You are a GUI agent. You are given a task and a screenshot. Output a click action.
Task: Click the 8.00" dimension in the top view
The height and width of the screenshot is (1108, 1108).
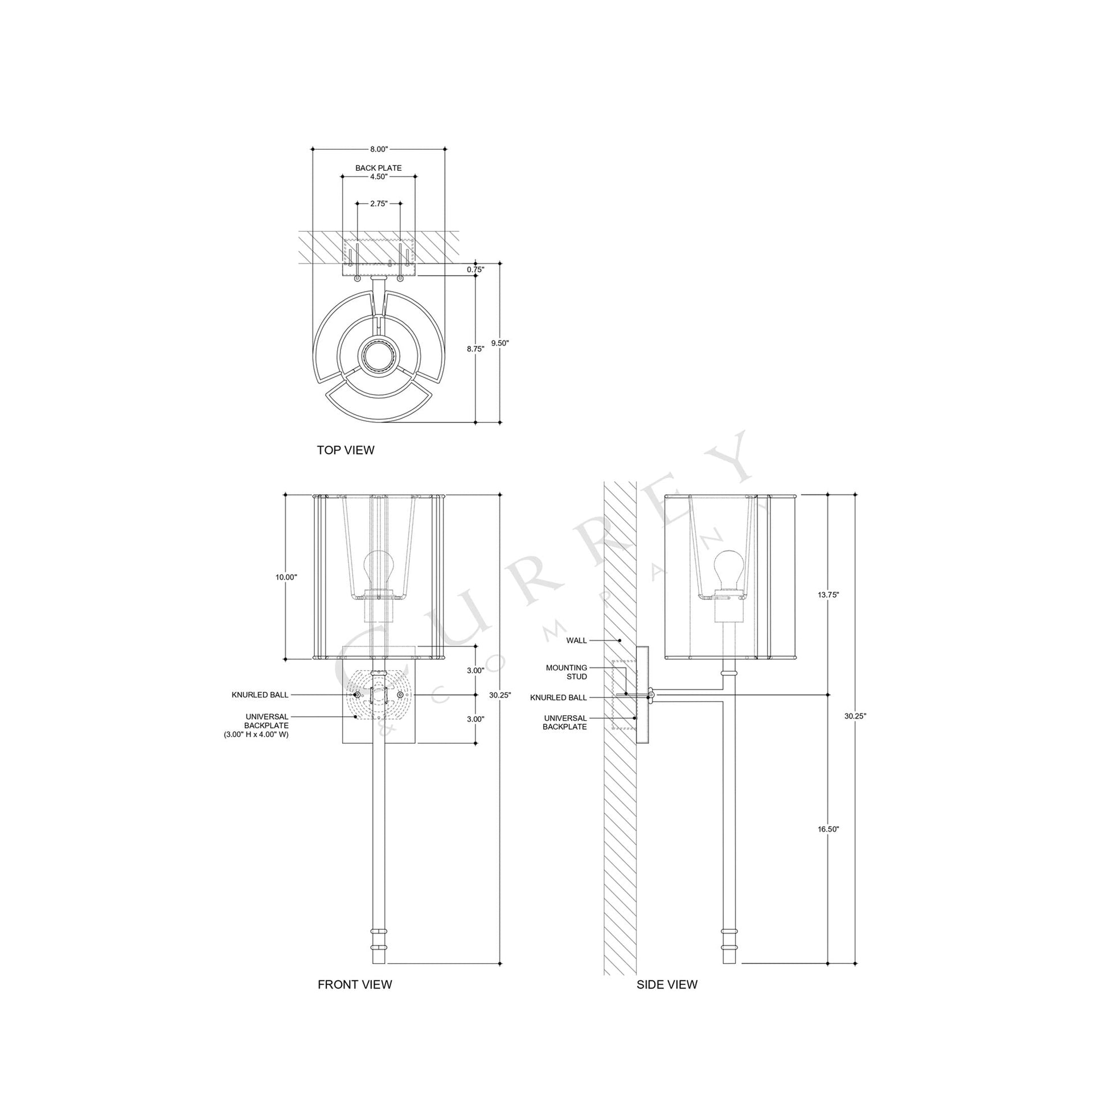379,149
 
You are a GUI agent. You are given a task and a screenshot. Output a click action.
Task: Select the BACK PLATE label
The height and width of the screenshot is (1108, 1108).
379,168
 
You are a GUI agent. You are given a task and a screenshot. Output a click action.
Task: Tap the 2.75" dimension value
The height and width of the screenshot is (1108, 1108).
379,204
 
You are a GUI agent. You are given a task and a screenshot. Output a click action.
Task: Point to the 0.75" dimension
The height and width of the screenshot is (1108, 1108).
475,269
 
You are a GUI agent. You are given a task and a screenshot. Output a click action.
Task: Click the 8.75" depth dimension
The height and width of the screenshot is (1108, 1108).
475,348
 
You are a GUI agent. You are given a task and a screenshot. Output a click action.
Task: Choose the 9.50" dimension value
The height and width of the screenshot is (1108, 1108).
500,343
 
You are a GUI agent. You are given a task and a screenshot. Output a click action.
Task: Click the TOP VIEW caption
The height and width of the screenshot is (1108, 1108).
345,450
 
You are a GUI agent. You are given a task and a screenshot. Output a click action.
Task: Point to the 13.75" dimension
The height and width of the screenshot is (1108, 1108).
828,595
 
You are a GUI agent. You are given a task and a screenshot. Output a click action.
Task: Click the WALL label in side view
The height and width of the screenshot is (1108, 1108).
576,640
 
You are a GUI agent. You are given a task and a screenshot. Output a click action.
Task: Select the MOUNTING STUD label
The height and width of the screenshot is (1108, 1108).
567,672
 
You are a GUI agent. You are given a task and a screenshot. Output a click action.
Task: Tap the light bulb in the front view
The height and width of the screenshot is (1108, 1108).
378,568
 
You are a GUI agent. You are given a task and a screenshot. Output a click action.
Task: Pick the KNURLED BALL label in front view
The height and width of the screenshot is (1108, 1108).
260,695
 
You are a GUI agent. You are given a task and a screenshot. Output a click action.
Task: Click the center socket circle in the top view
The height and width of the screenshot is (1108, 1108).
378,355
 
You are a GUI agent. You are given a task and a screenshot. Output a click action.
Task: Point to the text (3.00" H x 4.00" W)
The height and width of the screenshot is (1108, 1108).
256,734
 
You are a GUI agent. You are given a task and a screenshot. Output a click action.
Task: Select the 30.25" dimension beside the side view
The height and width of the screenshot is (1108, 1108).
855,716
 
